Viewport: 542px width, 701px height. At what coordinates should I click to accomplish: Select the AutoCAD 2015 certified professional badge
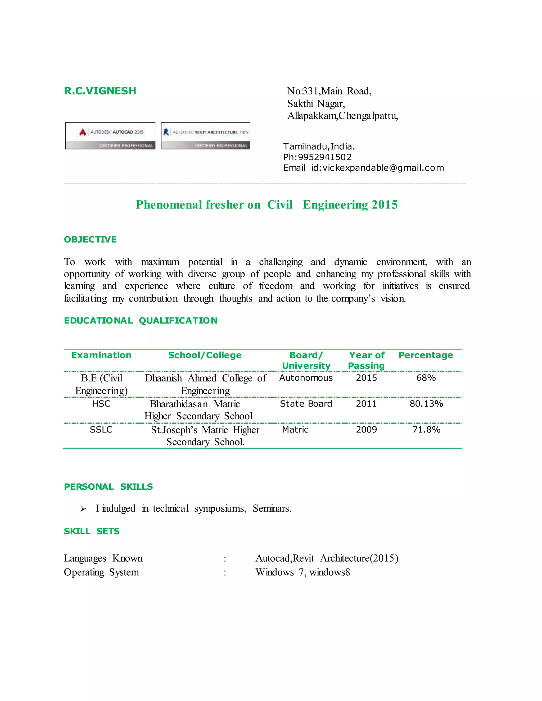coord(110,136)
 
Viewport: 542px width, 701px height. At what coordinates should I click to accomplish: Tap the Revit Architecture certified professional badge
coord(205,136)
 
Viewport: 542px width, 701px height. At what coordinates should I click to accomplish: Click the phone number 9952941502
coord(325,157)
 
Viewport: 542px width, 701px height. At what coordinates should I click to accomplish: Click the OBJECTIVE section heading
coord(90,239)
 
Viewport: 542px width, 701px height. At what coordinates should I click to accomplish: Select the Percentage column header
coord(426,355)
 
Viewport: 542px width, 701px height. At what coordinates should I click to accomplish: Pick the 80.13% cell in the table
coord(426,404)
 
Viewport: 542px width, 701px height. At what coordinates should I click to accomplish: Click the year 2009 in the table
coord(366,430)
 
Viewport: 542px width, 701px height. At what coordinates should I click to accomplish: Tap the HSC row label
coord(101,404)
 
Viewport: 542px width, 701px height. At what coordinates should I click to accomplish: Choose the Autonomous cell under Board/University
coord(306,378)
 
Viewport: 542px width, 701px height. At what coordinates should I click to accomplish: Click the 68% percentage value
coord(426,378)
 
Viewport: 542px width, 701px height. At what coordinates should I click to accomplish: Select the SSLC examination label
coord(101,430)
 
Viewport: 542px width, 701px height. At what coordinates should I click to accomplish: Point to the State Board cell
coord(306,404)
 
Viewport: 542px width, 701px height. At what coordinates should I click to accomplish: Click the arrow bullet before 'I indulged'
coord(83,509)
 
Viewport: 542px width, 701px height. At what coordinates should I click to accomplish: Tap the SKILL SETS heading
coord(92,531)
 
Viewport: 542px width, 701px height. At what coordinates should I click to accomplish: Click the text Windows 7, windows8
coord(302,572)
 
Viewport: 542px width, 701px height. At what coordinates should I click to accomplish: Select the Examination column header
coord(101,355)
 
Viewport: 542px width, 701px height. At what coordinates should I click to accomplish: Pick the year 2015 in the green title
coord(384,205)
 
